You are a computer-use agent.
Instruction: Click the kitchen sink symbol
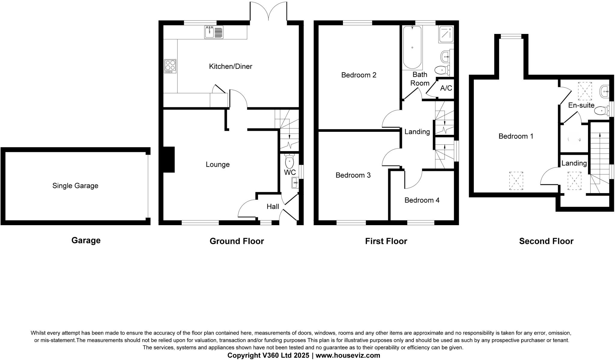(214, 32)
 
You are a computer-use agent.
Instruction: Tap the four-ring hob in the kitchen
(170, 66)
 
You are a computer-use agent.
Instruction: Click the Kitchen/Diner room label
(230, 66)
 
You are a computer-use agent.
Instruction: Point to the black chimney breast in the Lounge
(168, 159)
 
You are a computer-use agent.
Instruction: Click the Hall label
(273, 207)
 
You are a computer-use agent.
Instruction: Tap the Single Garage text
(75, 186)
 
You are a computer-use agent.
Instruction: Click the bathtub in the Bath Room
(412, 47)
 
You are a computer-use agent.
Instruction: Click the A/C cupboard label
(446, 88)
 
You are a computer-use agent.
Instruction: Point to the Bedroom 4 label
(422, 200)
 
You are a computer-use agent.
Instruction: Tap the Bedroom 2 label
(359, 75)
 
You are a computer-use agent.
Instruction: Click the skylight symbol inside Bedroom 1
(516, 181)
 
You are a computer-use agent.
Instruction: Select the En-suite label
(581, 105)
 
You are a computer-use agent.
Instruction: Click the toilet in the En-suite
(600, 111)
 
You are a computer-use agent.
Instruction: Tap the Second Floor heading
(546, 241)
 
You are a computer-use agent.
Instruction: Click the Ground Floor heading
(236, 241)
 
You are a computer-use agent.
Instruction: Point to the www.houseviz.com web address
(348, 355)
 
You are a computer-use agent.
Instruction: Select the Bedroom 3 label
(353, 175)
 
